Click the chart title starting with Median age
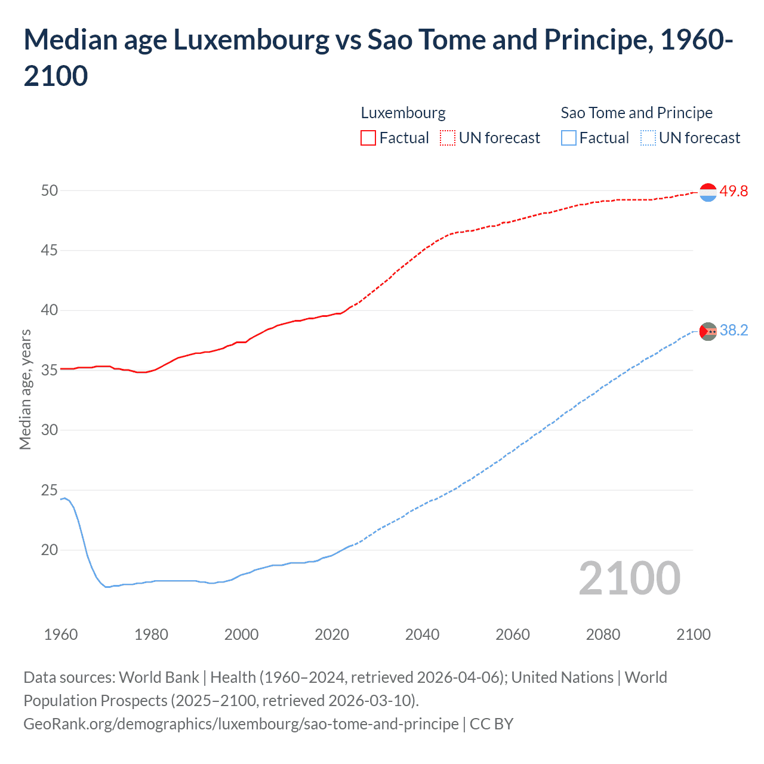point(378,57)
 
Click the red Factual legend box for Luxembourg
point(368,138)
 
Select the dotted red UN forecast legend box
point(448,138)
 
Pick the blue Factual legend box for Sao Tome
point(569,138)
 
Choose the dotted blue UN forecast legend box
point(648,138)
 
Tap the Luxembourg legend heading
point(403,113)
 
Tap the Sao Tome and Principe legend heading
point(636,113)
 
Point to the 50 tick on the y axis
point(50,190)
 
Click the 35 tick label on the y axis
point(50,370)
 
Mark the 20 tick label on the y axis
point(50,550)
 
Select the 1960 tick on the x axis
point(61,634)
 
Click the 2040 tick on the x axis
point(422,634)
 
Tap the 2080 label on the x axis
point(603,634)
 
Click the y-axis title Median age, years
point(25,389)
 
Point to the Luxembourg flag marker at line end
point(708,192)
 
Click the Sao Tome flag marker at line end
point(708,331)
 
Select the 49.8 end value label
point(734,191)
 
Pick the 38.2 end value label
point(734,330)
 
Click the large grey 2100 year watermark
point(630,578)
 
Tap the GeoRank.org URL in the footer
point(241,723)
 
